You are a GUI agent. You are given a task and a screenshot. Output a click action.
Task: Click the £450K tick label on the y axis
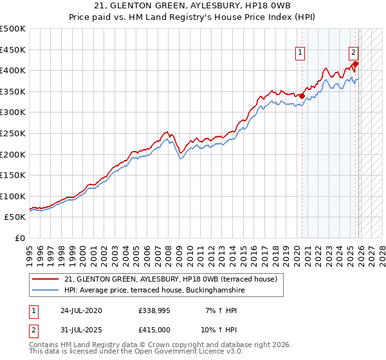pos(13,50)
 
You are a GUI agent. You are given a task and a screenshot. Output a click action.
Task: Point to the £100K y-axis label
pos(13,196)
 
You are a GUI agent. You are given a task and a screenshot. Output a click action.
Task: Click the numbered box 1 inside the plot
pos(301,54)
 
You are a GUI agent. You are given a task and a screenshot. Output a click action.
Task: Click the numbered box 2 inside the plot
pos(354,54)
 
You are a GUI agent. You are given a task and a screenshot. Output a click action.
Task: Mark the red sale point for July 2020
pos(302,96)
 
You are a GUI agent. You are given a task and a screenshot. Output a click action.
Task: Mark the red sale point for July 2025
pos(356,64)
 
